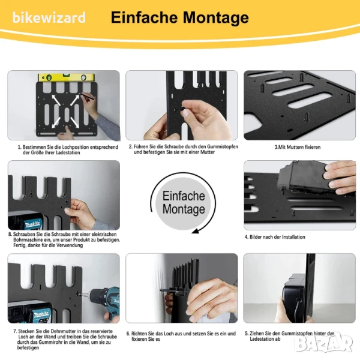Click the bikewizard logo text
49,17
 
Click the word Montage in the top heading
216,18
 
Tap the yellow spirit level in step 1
67,77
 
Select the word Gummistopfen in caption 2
223,146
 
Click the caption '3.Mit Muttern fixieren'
298,147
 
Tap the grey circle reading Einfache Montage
183,203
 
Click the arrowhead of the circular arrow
196,231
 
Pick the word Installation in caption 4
293,237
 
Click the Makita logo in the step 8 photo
33,224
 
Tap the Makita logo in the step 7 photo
41,314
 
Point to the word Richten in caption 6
139,334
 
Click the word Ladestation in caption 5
265,339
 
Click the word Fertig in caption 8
20,245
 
